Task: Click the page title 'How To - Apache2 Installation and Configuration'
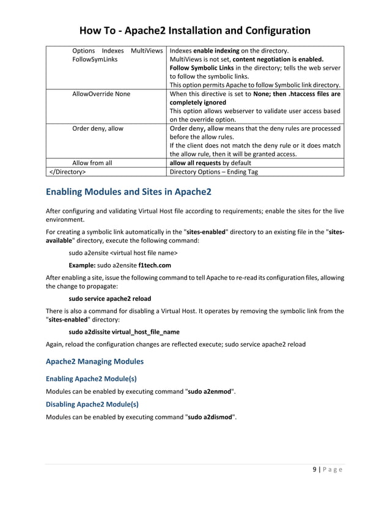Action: pos(195,30)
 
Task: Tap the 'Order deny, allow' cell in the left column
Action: pos(98,128)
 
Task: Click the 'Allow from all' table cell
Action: pos(92,163)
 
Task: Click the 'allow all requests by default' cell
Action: pos(210,163)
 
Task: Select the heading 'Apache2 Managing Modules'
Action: pos(95,361)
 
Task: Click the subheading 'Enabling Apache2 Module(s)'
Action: pos(91,378)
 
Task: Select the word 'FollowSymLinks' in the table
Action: pos(95,60)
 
